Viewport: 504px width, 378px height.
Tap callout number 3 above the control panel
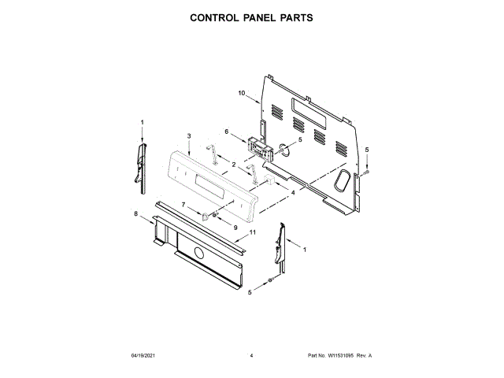coord(190,136)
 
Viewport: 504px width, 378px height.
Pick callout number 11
coord(253,232)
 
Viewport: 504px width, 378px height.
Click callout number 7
coord(184,205)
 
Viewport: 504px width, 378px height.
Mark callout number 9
coord(235,227)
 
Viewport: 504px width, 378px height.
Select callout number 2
coord(234,164)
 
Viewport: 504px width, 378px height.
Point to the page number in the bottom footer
coord(251,356)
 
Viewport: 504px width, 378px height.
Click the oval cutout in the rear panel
coord(342,181)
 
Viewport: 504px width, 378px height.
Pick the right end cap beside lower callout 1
coord(280,246)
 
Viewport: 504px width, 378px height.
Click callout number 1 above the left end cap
coord(143,122)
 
